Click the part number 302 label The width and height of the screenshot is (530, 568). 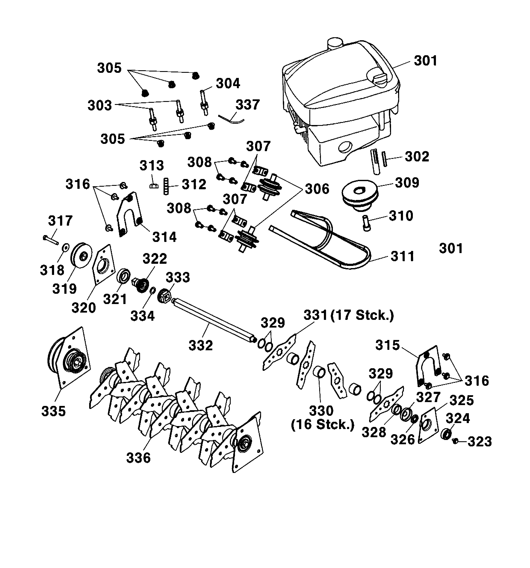click(417, 157)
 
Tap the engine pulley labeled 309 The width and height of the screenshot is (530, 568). click(360, 196)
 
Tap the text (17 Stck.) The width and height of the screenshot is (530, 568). click(362, 315)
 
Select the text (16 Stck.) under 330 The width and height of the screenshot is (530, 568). click(323, 425)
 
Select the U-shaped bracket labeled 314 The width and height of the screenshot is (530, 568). click(129, 214)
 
